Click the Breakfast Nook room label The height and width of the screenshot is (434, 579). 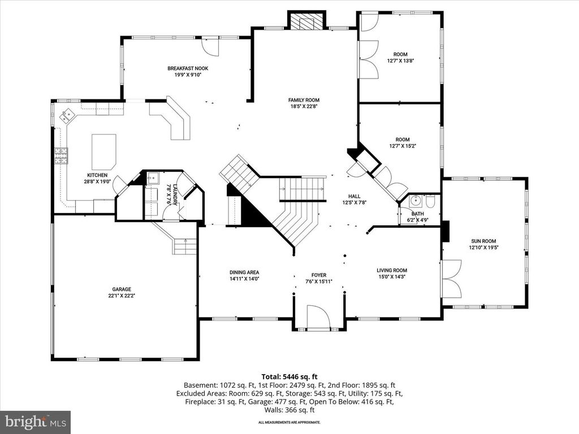(x=184, y=68)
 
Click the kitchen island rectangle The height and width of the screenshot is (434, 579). (x=104, y=151)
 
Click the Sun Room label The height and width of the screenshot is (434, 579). (x=483, y=240)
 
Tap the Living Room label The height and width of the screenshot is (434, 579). (x=392, y=270)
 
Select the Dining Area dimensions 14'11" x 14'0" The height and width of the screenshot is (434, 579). (x=244, y=279)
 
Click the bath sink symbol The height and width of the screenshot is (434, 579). (x=416, y=201)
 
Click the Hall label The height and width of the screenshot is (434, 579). (x=355, y=196)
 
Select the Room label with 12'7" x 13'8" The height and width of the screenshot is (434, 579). (x=400, y=55)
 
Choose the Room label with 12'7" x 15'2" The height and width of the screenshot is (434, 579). (x=402, y=140)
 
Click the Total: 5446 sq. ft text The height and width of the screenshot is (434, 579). (x=289, y=376)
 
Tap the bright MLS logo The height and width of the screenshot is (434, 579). (x=35, y=422)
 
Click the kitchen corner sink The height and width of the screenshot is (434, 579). (x=69, y=115)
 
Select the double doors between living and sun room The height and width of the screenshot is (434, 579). (x=451, y=278)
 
